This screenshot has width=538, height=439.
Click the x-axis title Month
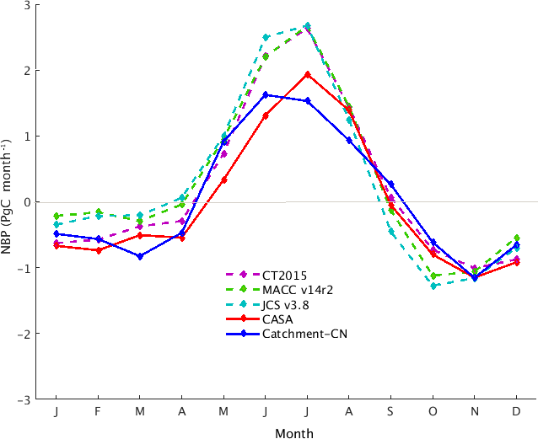(294, 433)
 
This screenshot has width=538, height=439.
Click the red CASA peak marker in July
(307, 74)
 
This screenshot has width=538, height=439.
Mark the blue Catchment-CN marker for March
(140, 256)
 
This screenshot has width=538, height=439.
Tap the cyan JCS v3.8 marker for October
(433, 286)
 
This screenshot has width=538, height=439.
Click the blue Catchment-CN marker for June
(266, 94)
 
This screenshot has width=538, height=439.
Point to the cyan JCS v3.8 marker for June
(266, 37)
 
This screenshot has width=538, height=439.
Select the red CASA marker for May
(223, 179)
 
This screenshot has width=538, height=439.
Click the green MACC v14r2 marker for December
(516, 238)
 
